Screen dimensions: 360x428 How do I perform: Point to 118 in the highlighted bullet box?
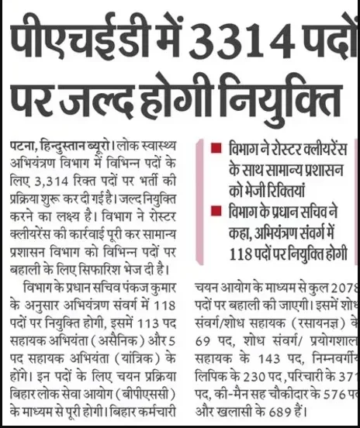coord(243,254)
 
